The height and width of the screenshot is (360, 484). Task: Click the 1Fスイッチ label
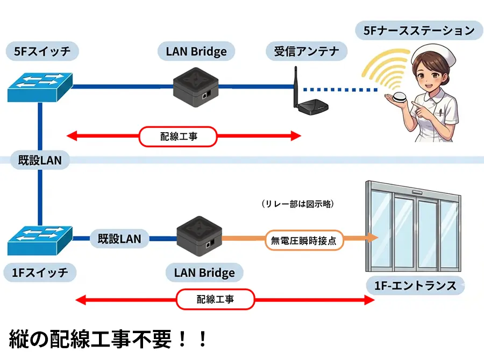point(40,272)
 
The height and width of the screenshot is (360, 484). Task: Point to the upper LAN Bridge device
point(196,85)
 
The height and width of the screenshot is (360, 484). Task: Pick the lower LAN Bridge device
point(200,239)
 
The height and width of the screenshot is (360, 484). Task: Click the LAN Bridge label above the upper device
point(196,52)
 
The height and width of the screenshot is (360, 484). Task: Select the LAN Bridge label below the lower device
point(204,272)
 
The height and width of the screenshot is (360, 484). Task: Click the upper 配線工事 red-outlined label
point(178,136)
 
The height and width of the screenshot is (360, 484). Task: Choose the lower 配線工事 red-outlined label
point(215,299)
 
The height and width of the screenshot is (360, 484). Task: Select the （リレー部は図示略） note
point(295,204)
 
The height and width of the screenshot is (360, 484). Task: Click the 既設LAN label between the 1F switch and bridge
point(119,238)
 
